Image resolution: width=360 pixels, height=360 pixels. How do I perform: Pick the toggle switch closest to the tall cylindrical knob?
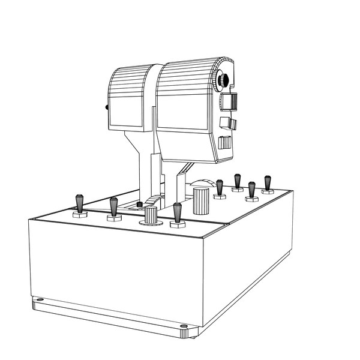[220, 187]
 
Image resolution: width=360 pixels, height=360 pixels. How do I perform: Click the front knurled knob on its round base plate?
[151, 215]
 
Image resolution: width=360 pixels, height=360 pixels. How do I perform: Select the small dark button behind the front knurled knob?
[140, 205]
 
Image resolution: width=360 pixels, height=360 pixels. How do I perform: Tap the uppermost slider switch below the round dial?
[229, 103]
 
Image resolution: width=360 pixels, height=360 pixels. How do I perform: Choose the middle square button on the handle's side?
[228, 124]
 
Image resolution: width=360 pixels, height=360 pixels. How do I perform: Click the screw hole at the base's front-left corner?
[40, 301]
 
